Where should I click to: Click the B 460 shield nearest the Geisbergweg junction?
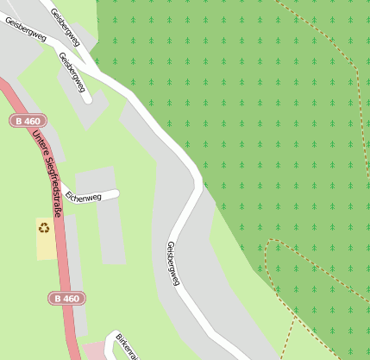(30, 122)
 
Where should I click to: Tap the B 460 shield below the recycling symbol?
(66, 298)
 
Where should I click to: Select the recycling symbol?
(43, 228)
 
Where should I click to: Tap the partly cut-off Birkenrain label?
(126, 345)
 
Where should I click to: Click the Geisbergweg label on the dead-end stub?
(72, 72)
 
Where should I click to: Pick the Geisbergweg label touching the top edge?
(66, 25)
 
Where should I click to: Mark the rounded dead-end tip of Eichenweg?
(115, 193)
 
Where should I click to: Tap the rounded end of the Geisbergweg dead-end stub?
(86, 99)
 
